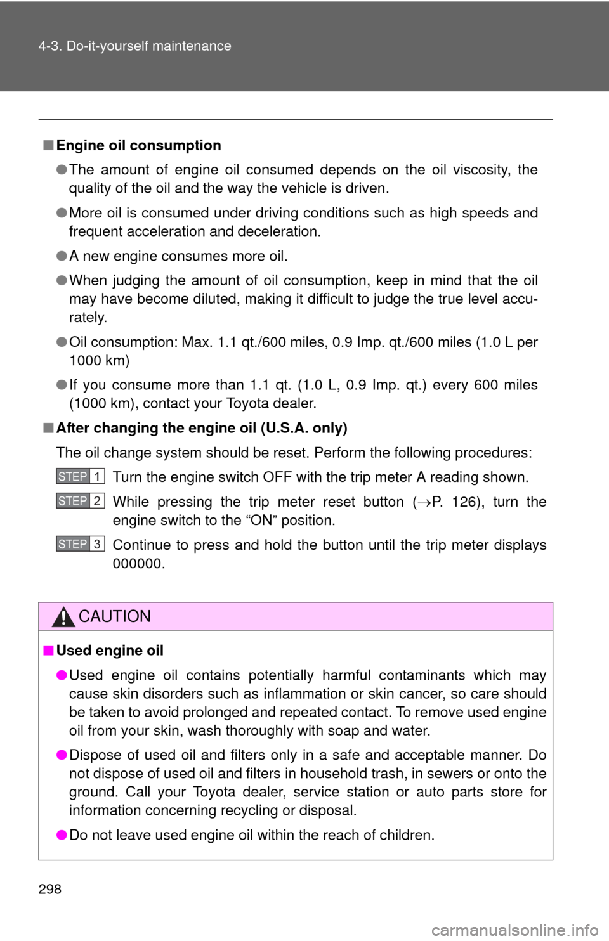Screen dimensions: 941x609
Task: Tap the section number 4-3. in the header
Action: [x=50, y=46]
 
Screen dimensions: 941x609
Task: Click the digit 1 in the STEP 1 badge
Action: [x=97, y=476]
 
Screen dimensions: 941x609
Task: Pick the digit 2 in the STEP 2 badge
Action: [x=97, y=501]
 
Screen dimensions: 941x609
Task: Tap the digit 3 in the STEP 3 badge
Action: [x=97, y=544]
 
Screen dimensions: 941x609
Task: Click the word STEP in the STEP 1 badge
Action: [x=72, y=476]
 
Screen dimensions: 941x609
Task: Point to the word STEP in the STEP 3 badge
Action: [x=72, y=544]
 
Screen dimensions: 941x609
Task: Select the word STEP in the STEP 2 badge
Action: [x=72, y=501]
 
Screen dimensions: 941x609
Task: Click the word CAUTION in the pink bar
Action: [x=115, y=616]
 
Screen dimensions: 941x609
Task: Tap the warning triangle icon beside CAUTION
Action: [x=63, y=616]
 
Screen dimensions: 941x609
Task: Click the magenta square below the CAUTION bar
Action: [x=49, y=650]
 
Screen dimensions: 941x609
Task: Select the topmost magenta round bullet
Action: [x=62, y=675]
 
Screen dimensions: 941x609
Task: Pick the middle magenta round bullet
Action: [x=62, y=755]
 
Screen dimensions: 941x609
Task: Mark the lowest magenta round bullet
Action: [x=62, y=834]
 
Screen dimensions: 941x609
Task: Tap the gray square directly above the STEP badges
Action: [x=49, y=427]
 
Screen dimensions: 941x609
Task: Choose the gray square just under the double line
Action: [x=49, y=145]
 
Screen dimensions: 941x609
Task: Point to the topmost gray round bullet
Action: [x=62, y=169]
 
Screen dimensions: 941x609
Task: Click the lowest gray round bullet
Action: [x=62, y=384]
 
